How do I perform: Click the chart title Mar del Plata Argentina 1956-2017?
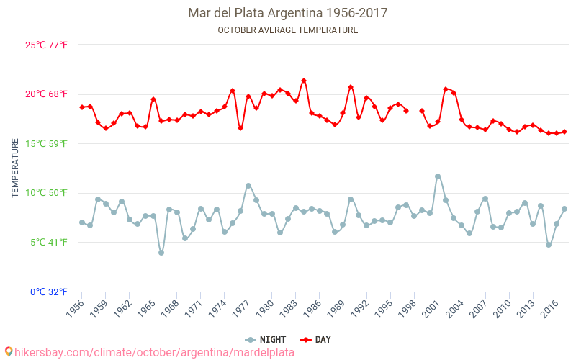(x=287, y=13)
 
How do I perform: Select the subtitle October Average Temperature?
(x=287, y=30)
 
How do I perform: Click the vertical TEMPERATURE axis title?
(x=15, y=168)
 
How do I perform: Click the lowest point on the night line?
(x=161, y=253)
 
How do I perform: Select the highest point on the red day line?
(x=304, y=81)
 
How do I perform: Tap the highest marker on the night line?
(x=438, y=176)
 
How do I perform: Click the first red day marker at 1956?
(x=82, y=107)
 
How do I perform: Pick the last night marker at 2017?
(x=564, y=209)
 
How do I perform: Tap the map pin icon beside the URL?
(x=9, y=352)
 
